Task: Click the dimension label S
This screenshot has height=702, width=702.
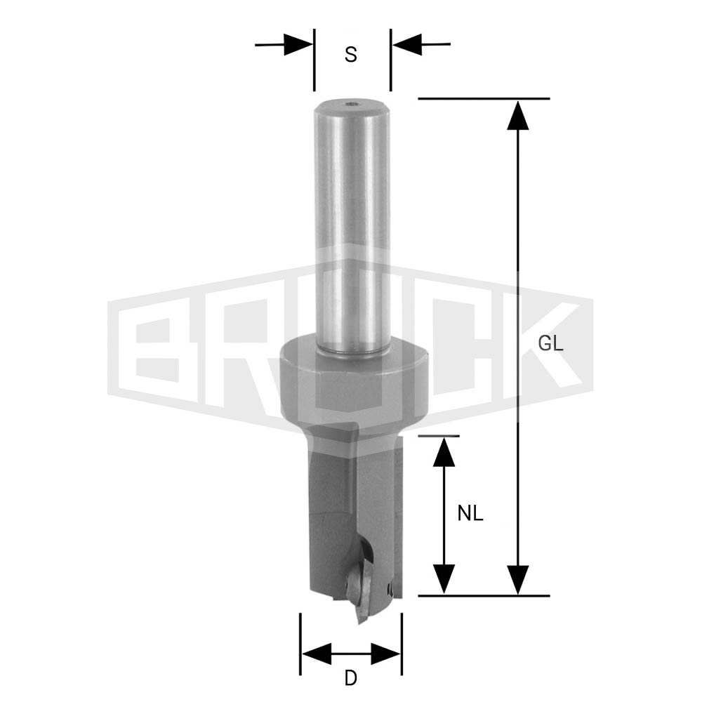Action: [x=350, y=55]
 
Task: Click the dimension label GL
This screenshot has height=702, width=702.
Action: [x=550, y=344]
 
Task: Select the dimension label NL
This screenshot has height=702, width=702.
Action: [x=470, y=514]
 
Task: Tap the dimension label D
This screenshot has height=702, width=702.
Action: [x=350, y=679]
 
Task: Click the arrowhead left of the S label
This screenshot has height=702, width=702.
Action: [x=298, y=44]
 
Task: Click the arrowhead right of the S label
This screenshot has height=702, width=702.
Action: [x=407, y=44]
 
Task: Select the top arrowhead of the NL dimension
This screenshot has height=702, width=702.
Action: [x=444, y=452]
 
